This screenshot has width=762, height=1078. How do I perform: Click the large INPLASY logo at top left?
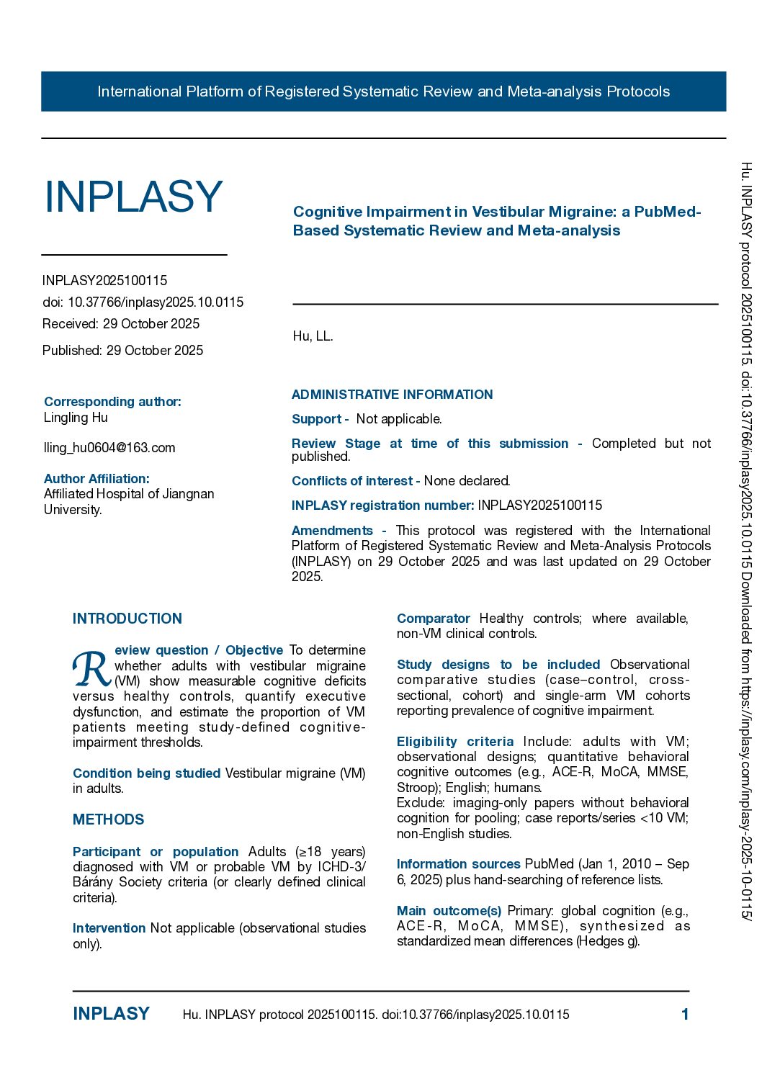coord(133,197)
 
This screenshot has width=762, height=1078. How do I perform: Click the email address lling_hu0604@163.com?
coord(109,448)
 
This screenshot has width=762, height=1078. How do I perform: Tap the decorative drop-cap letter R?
coord(91,669)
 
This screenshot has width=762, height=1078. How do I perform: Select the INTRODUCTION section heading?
coord(127,619)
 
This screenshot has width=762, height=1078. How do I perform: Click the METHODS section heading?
coord(109,819)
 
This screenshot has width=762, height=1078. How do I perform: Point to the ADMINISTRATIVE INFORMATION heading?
coord(393,395)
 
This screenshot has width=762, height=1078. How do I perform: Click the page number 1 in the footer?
coord(685,1015)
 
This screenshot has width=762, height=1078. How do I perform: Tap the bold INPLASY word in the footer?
coord(111,1014)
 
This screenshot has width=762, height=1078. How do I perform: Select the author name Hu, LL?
coord(313,336)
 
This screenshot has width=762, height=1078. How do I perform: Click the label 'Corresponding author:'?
coord(112,402)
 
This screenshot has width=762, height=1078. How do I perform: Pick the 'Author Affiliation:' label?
coord(97,479)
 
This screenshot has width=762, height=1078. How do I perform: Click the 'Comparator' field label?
coord(434,619)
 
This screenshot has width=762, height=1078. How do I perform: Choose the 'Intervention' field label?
coord(109,928)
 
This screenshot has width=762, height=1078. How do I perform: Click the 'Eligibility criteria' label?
coord(455,742)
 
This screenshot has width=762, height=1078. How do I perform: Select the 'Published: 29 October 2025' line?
coord(123,351)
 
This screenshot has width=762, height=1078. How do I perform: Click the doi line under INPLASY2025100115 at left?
coord(143,302)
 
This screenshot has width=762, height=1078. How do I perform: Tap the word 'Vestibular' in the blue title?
coord(506,212)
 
